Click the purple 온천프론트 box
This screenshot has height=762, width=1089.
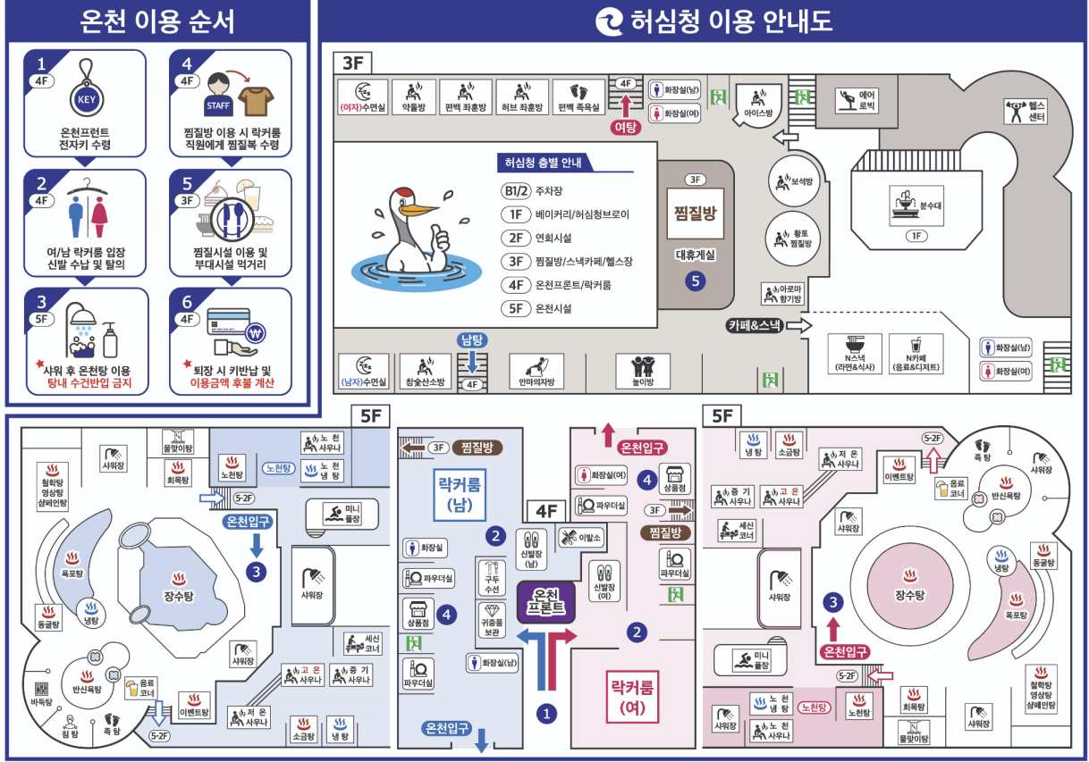click(x=548, y=601)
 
